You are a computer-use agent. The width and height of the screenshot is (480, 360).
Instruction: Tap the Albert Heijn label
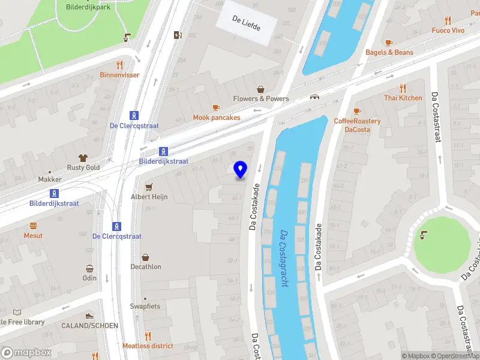[149, 197]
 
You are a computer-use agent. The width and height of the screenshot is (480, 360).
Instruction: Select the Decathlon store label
[146, 266]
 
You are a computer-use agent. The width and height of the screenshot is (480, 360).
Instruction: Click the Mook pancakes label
[217, 118]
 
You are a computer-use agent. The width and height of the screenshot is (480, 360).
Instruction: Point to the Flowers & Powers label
[261, 98]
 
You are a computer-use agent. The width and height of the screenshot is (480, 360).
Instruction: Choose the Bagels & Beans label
[389, 52]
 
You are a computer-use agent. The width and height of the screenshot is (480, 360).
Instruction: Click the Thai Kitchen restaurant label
[403, 98]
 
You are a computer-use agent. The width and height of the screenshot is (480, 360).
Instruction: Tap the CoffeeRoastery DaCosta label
[357, 125]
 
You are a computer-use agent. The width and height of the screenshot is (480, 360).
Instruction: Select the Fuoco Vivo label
[448, 30]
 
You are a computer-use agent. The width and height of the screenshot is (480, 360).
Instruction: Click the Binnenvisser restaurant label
[119, 75]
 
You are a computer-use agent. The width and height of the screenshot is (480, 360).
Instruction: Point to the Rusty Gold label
[83, 167]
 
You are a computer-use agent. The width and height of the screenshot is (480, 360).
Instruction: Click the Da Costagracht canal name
[283, 258]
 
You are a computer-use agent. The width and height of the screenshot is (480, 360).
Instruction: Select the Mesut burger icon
[33, 226]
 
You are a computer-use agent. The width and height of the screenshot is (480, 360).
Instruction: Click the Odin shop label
[89, 278]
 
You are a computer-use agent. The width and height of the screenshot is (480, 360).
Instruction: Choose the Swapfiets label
[145, 306]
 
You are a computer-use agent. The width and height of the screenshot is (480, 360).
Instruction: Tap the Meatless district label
[148, 346]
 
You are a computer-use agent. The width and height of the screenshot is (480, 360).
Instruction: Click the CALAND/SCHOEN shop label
[90, 325]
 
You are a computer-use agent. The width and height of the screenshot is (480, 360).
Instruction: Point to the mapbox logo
[26, 353]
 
